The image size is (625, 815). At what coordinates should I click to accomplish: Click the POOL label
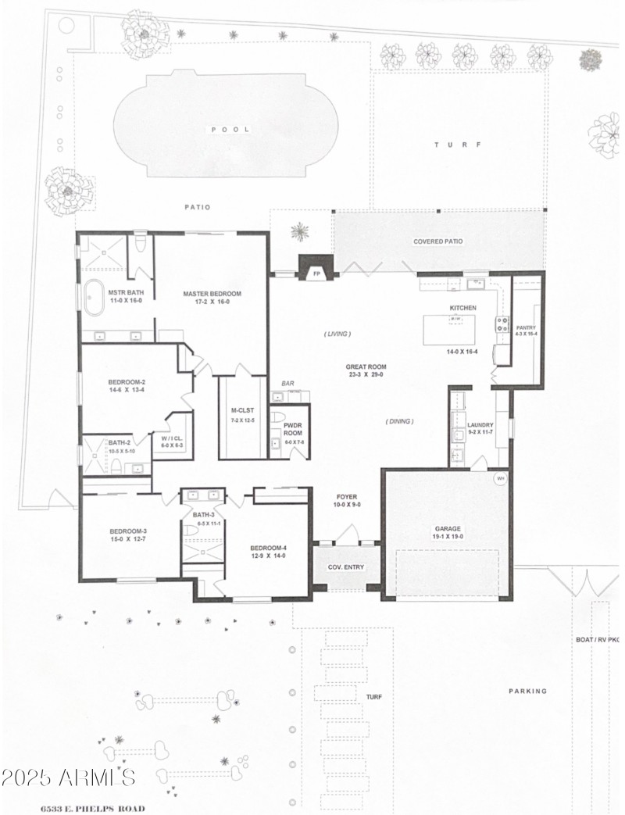pos(229,130)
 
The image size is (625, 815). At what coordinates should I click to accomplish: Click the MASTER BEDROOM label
pos(212,294)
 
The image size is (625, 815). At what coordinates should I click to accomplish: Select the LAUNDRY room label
pos(480,425)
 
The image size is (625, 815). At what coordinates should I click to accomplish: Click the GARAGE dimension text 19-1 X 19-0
pos(448,537)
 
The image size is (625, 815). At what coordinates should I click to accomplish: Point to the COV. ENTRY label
pos(345,567)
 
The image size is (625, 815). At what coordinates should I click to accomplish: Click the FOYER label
pos(346,496)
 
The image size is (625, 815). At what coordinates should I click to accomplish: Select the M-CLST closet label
pos(240,411)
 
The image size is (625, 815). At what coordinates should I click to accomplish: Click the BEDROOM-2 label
pos(127,382)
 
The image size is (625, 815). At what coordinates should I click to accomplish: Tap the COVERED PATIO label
pos(437,241)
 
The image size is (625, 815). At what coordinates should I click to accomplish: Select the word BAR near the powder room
pos(287,384)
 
